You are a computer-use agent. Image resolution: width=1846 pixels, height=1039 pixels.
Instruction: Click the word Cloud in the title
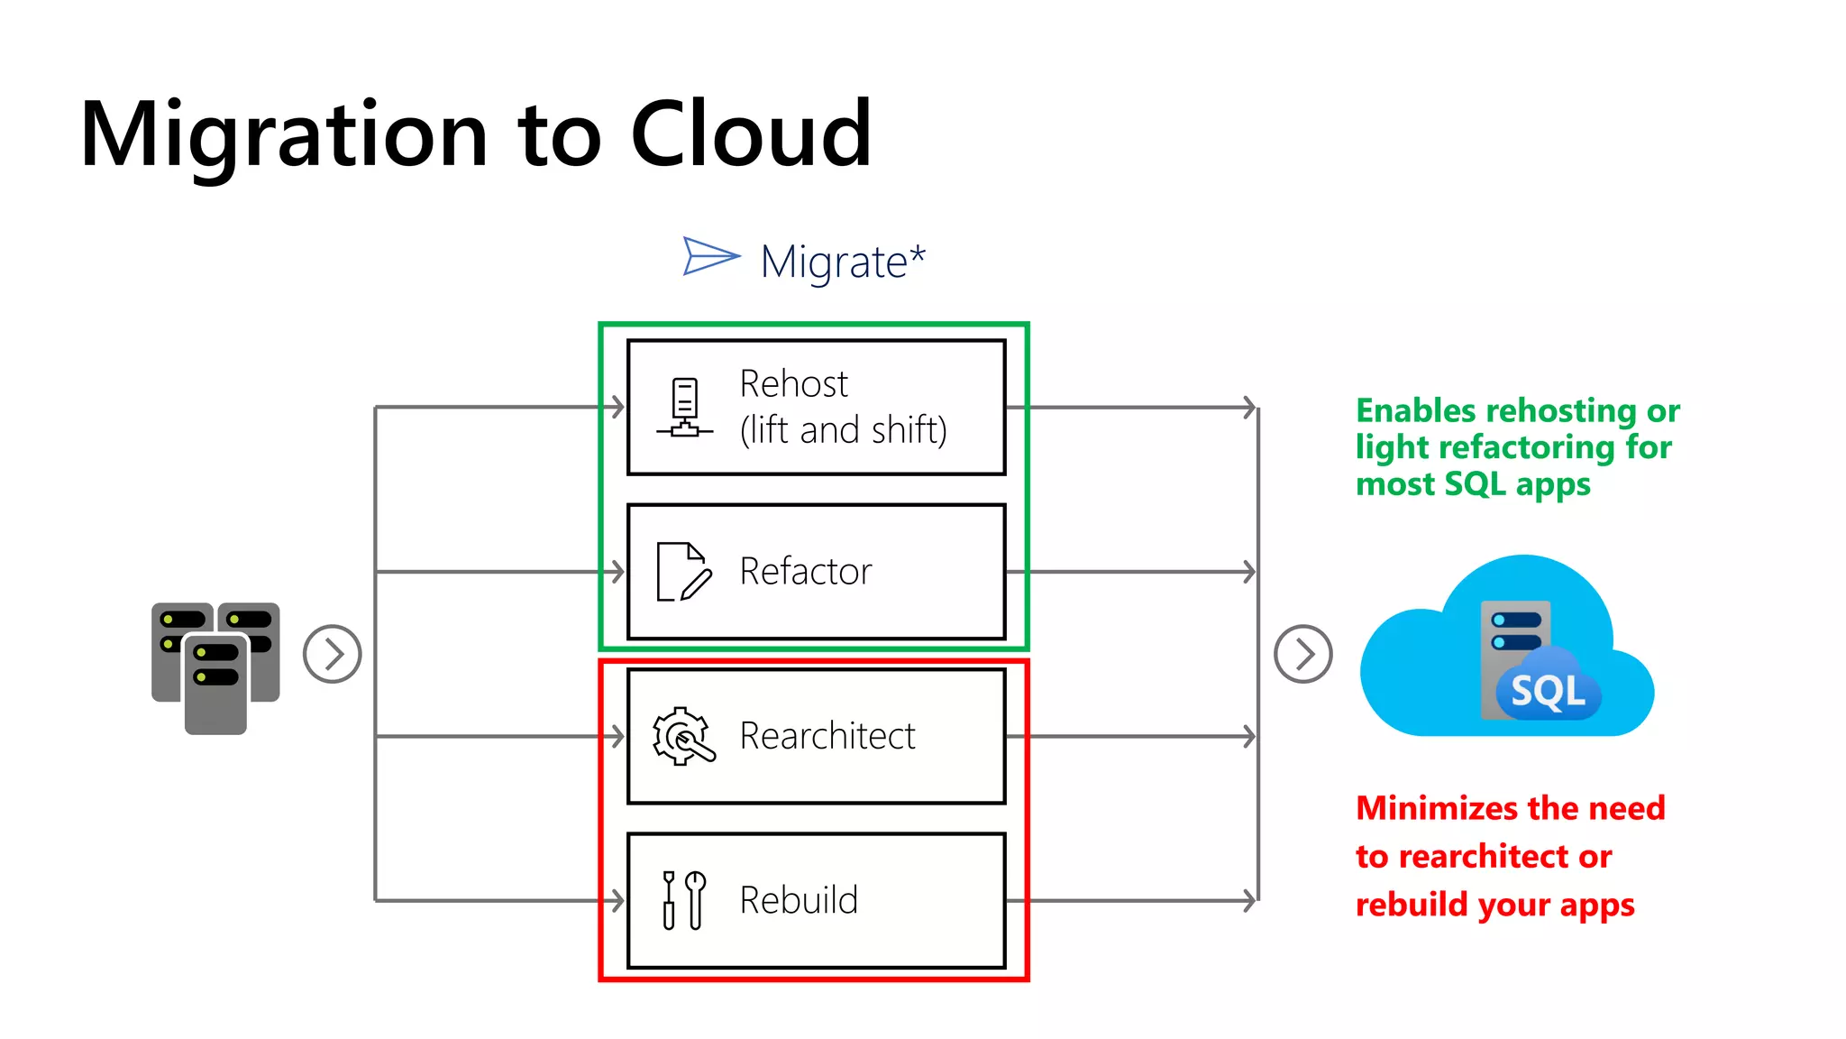point(750,135)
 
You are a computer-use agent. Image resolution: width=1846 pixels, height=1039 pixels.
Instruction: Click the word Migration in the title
point(284,135)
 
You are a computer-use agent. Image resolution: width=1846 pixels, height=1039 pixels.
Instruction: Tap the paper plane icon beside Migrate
point(709,256)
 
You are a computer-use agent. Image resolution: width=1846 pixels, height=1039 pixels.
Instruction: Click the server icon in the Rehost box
point(685,408)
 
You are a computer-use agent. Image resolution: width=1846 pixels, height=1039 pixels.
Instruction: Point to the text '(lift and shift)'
point(843,430)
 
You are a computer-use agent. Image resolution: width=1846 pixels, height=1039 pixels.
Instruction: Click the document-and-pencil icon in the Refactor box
point(683,572)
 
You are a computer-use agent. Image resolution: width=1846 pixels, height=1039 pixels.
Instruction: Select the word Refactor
point(805,572)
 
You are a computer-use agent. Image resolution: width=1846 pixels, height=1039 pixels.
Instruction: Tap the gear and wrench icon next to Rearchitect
point(682,736)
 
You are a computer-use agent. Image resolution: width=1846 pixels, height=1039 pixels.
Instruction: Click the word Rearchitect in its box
point(827,736)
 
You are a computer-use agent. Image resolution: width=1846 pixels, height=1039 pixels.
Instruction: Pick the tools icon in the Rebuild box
point(683,899)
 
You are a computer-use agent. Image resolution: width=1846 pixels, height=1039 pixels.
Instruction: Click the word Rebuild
point(799,900)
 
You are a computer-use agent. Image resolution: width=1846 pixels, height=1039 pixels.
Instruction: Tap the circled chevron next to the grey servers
point(332,654)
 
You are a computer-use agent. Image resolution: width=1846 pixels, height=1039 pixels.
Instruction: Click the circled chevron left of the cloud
point(1302,654)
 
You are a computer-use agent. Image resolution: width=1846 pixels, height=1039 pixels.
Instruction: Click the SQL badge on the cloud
point(1547,692)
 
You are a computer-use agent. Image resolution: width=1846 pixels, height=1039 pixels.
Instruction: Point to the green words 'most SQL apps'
point(1472,484)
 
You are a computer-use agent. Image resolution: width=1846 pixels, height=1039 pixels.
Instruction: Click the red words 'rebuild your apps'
point(1494,905)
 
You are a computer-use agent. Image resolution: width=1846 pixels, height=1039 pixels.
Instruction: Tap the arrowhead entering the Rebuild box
point(618,900)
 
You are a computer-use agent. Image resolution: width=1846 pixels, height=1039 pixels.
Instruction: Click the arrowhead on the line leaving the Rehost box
point(1250,408)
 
